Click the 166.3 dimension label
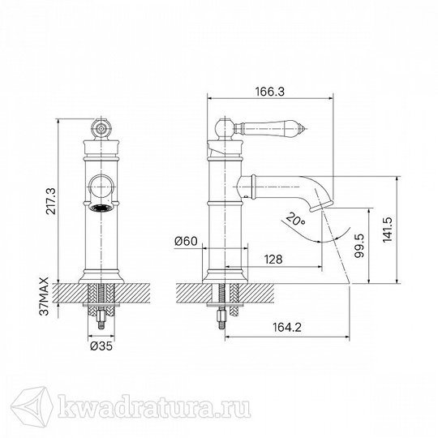270,92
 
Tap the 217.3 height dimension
51,201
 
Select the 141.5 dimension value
388,230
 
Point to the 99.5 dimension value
359,246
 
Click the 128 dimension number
273,260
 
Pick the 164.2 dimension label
287,327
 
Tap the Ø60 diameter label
186,241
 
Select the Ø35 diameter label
101,346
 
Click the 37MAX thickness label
44,296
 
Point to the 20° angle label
295,219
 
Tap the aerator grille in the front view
101,208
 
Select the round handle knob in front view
101,129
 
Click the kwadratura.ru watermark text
154,406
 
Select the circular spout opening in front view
101,187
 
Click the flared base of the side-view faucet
225,277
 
